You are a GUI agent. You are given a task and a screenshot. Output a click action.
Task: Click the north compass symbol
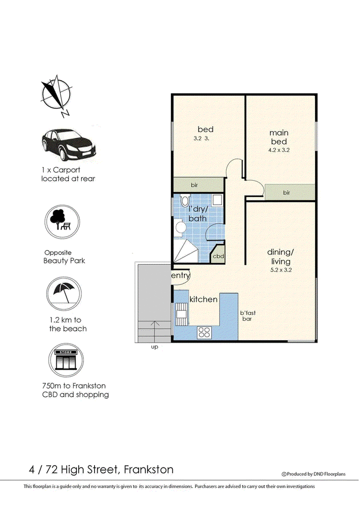[56, 95]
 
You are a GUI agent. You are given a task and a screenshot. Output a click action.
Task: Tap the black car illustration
[68, 145]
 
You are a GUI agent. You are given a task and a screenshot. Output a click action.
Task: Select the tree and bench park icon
[63, 222]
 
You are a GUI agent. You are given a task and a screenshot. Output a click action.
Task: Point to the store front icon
[66, 360]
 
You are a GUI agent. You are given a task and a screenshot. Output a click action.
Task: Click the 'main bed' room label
[279, 137]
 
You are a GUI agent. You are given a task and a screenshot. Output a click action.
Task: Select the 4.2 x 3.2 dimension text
[279, 150]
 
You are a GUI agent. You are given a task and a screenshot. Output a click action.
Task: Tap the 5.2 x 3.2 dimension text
[281, 270]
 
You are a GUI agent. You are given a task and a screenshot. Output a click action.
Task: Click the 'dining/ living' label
[280, 257]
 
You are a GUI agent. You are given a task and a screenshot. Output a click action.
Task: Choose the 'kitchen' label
[203, 299]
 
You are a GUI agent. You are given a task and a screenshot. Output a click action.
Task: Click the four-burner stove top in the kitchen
[204, 332]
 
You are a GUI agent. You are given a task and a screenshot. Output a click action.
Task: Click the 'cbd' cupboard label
[218, 256]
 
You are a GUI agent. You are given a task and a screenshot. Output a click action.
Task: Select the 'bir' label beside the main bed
[287, 193]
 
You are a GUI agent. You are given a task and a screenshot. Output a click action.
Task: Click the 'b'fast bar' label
[247, 316]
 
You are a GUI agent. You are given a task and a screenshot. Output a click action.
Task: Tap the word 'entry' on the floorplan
[180, 276]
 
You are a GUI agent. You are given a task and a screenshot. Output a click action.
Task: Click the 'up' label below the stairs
[154, 347]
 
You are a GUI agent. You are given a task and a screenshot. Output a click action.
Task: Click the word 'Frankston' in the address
[149, 470]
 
